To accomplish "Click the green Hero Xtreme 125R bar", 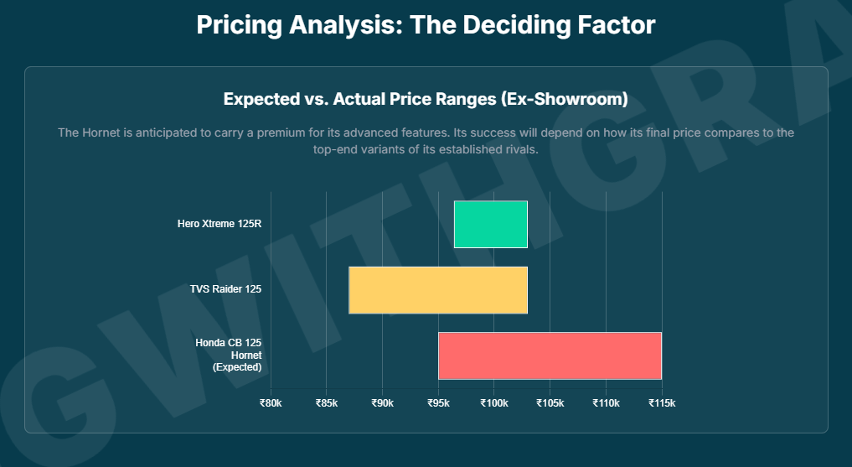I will (x=490, y=224).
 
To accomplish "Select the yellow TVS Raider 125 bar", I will (x=438, y=290).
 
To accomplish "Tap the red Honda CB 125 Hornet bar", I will (x=550, y=355).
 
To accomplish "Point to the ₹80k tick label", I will (x=271, y=403).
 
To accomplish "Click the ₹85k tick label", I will (x=327, y=403).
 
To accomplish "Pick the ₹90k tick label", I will (x=382, y=403).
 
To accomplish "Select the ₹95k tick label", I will (x=438, y=403).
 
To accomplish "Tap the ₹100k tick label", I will (x=494, y=403).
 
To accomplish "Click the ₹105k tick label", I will (x=550, y=403).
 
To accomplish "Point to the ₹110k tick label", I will (x=606, y=403).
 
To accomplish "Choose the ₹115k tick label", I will (x=662, y=403).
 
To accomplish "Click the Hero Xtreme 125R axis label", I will (x=219, y=224).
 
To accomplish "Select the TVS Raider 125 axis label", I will (x=225, y=289).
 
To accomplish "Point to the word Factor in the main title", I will (x=617, y=25).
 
